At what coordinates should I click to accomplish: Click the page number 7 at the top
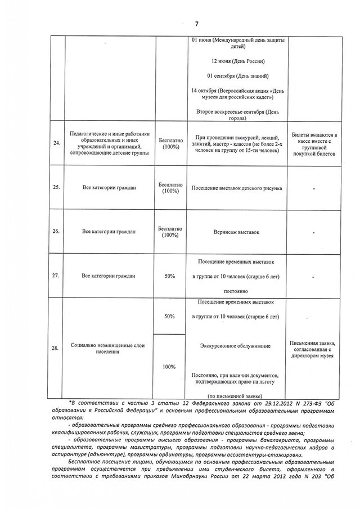[x=197, y=24]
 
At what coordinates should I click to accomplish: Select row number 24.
[x=56, y=143]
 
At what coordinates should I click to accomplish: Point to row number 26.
[x=56, y=231]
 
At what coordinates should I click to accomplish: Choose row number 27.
[x=56, y=276]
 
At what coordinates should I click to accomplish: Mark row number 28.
[x=56, y=348]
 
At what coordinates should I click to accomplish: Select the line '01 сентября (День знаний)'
[x=237, y=75]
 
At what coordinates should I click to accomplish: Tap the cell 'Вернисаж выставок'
[x=237, y=231]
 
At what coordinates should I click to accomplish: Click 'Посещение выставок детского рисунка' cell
[x=237, y=187]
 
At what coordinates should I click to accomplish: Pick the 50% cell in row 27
[x=169, y=276]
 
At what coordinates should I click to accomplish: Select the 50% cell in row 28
[x=169, y=317]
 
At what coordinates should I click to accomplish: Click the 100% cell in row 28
[x=169, y=366]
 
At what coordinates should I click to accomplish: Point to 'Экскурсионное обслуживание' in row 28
[x=237, y=345]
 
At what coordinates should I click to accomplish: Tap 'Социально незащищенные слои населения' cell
[x=107, y=348]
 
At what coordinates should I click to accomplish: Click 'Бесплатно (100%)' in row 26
[x=169, y=232]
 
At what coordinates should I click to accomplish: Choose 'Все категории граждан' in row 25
[x=107, y=187]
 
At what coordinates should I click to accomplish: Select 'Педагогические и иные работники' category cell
[x=107, y=143]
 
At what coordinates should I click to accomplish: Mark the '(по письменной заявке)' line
[x=237, y=397]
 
